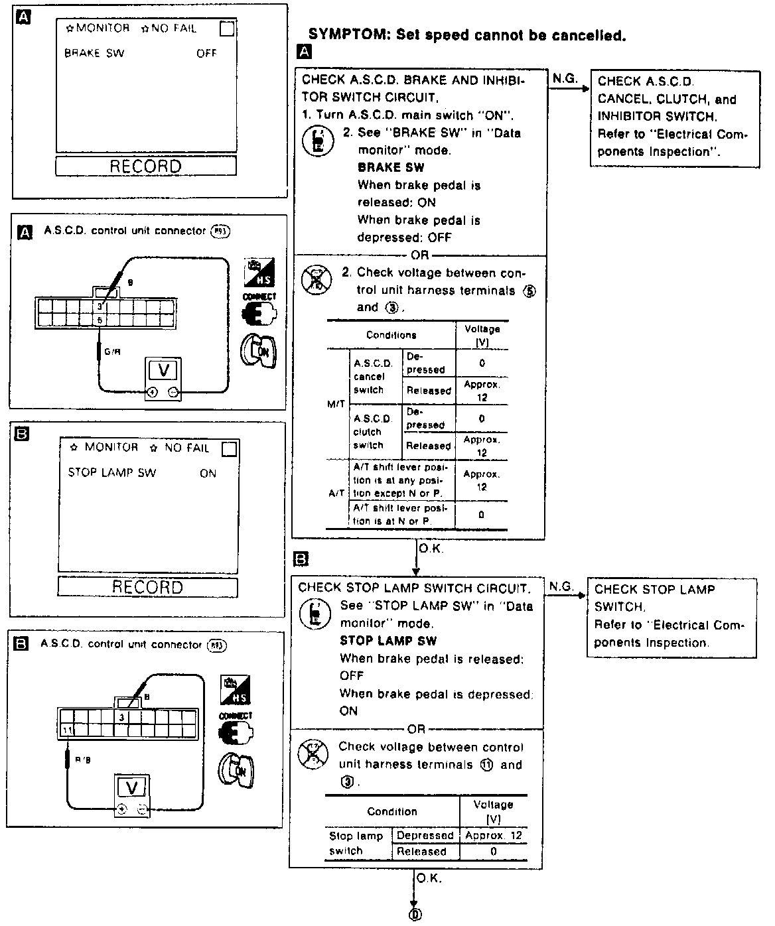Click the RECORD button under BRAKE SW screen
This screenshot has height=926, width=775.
pos(145,166)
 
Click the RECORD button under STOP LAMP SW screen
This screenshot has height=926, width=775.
pos(147,587)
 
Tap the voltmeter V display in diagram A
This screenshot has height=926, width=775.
pos(163,371)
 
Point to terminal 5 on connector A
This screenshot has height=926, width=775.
pos(101,320)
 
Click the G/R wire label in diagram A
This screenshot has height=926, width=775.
pos(112,352)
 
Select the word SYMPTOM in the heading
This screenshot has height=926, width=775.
pos(348,35)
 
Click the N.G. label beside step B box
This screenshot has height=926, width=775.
pos(561,586)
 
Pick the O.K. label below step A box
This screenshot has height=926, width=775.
pos(431,549)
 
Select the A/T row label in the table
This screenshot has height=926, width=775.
pos(336,494)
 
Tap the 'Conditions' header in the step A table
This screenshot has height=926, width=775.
pos(391,335)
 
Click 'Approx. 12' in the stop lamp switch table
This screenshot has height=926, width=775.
pos(494,835)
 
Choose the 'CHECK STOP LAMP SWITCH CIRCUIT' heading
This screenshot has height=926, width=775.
pos(413,588)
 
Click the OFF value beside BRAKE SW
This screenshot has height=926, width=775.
pos(206,53)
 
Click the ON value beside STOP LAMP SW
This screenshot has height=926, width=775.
pos(208,473)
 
